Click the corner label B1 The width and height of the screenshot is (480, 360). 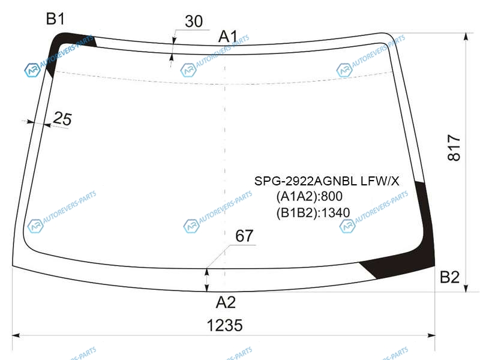click(x=55, y=19)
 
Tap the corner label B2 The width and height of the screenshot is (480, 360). click(x=449, y=277)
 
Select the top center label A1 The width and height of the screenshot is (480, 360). click(x=228, y=37)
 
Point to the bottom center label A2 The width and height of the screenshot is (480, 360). click(x=226, y=302)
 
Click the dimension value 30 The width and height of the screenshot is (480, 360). click(x=194, y=22)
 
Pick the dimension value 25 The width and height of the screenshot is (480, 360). click(x=62, y=118)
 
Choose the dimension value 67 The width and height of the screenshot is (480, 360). click(x=244, y=236)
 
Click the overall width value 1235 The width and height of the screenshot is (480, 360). click(x=224, y=325)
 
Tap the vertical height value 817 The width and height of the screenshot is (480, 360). click(x=454, y=148)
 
